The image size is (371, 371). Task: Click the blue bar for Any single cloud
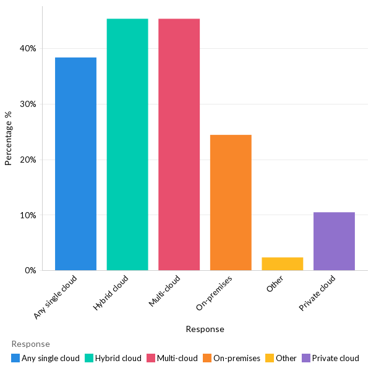pyautogui.click(x=75, y=164)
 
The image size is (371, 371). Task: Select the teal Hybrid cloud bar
pyautogui.click(x=127, y=145)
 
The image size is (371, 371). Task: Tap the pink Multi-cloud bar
pyautogui.click(x=179, y=145)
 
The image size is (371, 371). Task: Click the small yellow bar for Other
pyautogui.click(x=283, y=264)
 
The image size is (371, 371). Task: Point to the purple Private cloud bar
pyautogui.click(x=334, y=241)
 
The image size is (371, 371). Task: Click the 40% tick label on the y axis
pyautogui.click(x=28, y=48)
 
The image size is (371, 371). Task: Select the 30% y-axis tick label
pyautogui.click(x=28, y=104)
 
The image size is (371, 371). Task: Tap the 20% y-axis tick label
pyautogui.click(x=28, y=160)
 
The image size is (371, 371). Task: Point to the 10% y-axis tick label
pyautogui.click(x=28, y=215)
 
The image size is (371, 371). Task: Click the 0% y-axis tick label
pyautogui.click(x=30, y=271)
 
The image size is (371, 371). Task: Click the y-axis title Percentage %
pyautogui.click(x=9, y=138)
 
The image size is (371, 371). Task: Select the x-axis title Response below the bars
pyautogui.click(x=205, y=329)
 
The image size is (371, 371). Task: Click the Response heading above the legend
pyautogui.click(x=30, y=344)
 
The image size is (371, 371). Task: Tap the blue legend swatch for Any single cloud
pyautogui.click(x=15, y=358)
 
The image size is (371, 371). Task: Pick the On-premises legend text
pyautogui.click(x=237, y=358)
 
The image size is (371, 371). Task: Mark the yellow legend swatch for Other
pyautogui.click(x=270, y=358)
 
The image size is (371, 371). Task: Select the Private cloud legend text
pyautogui.click(x=335, y=358)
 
